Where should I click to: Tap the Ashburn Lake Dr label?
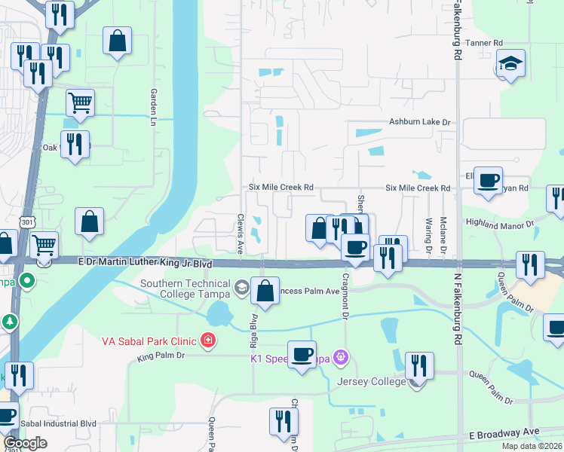click(419, 121)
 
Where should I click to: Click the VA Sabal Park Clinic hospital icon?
click(208, 341)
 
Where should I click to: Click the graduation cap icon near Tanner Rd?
click(510, 64)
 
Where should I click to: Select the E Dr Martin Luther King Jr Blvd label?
click(145, 262)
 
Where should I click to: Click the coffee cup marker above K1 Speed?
click(303, 353)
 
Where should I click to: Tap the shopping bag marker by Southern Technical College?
click(265, 290)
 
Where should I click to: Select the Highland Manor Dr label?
click(499, 223)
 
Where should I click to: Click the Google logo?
click(25, 443)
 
